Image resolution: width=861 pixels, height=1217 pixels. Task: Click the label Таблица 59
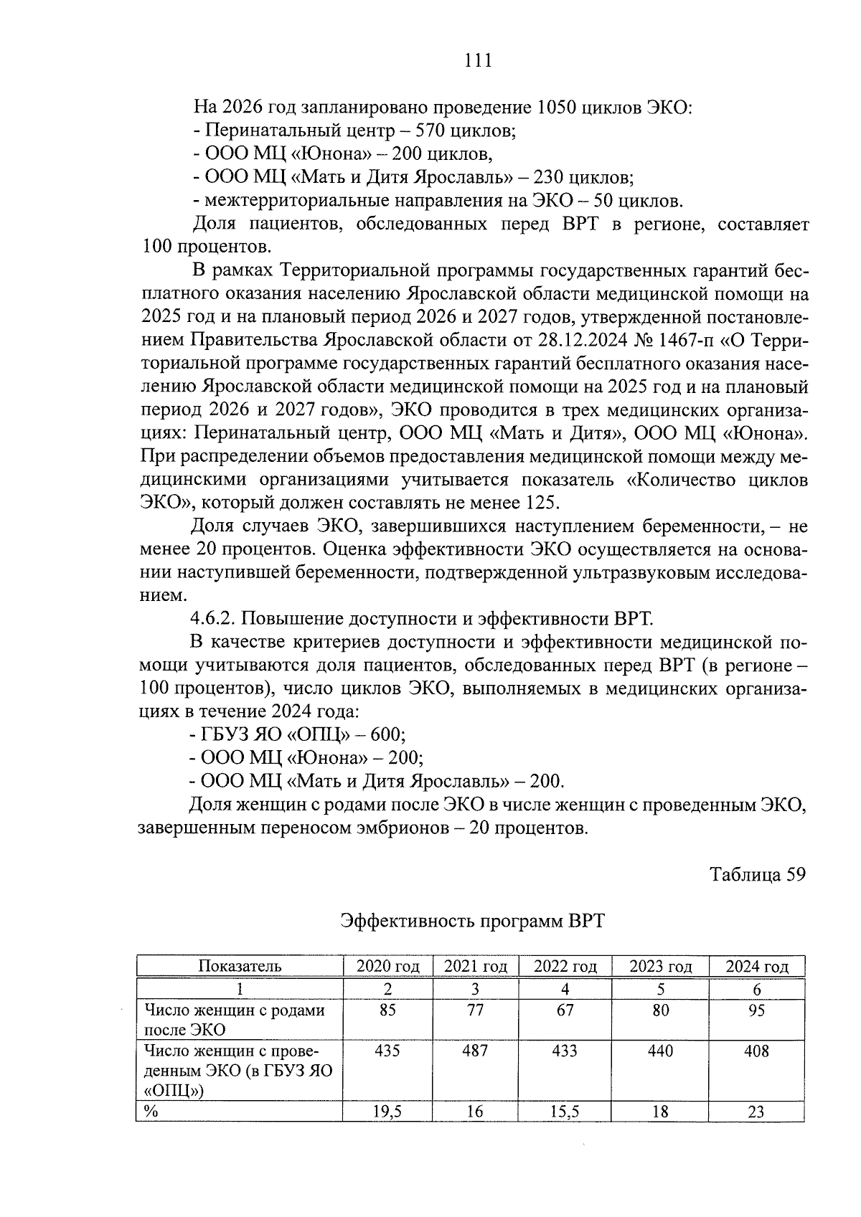coord(758,874)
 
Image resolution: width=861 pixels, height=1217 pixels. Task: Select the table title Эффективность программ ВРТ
coord(472,921)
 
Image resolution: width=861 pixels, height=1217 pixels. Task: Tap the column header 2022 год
coord(565,967)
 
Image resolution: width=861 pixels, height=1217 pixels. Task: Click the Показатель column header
coord(240,966)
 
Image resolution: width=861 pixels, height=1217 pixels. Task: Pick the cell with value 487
coord(475,1051)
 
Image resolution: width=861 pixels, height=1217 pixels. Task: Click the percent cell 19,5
coord(387,1112)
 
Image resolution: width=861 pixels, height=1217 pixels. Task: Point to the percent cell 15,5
coord(565,1112)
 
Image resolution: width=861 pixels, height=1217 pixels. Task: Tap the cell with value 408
coord(756,1051)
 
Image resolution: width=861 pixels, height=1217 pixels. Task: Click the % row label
coord(151,1112)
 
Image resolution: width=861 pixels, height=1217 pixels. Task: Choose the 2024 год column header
coord(756,967)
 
